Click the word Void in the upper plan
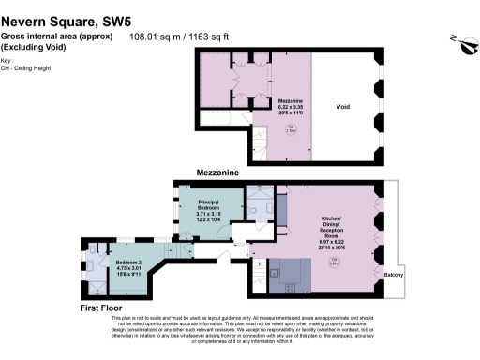(x=343, y=107)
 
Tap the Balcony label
(x=394, y=274)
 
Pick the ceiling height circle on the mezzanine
(x=292, y=128)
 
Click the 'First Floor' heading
(x=104, y=307)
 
